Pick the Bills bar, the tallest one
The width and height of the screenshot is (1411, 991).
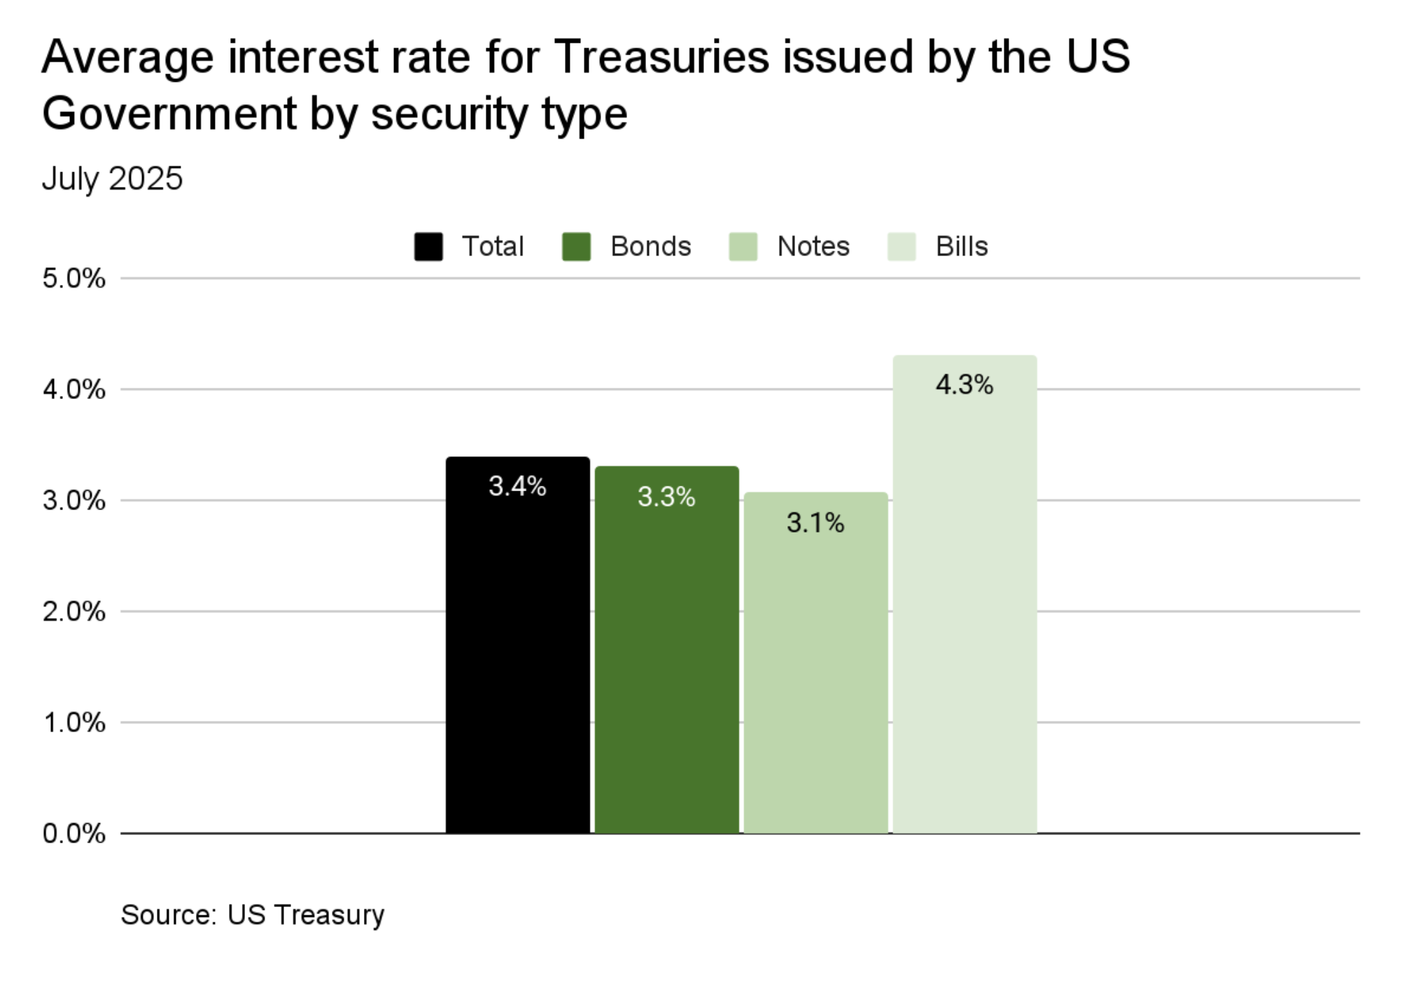point(964,602)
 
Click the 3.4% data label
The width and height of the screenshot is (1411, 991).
point(517,486)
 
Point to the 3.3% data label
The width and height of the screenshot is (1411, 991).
point(666,497)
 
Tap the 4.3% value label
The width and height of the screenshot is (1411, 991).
point(964,384)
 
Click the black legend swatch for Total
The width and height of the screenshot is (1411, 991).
point(428,246)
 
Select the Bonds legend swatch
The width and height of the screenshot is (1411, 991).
point(576,246)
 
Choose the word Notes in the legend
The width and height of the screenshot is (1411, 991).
point(813,246)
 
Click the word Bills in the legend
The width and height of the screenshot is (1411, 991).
point(962,246)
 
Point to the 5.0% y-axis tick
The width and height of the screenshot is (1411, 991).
point(73,279)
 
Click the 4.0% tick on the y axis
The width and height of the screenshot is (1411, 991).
point(73,389)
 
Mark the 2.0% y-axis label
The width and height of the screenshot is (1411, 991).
point(73,612)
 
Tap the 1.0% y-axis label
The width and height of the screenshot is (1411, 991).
point(73,722)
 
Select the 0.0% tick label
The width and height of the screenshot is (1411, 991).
point(73,834)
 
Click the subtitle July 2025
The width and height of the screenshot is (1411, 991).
point(112,178)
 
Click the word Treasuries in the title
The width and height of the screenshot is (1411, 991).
point(661,56)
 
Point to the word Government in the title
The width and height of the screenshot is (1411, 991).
point(169,113)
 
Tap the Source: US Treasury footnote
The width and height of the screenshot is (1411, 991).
point(253,915)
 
